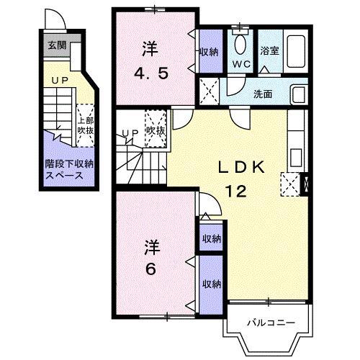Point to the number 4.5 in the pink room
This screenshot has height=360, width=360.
[x=150, y=74]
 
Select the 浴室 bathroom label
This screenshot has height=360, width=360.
[x=269, y=51]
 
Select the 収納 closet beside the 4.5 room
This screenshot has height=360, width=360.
[x=209, y=51]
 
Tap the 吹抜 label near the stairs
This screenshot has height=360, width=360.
[x=156, y=131]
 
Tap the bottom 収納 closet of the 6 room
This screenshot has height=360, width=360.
[x=210, y=282]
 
